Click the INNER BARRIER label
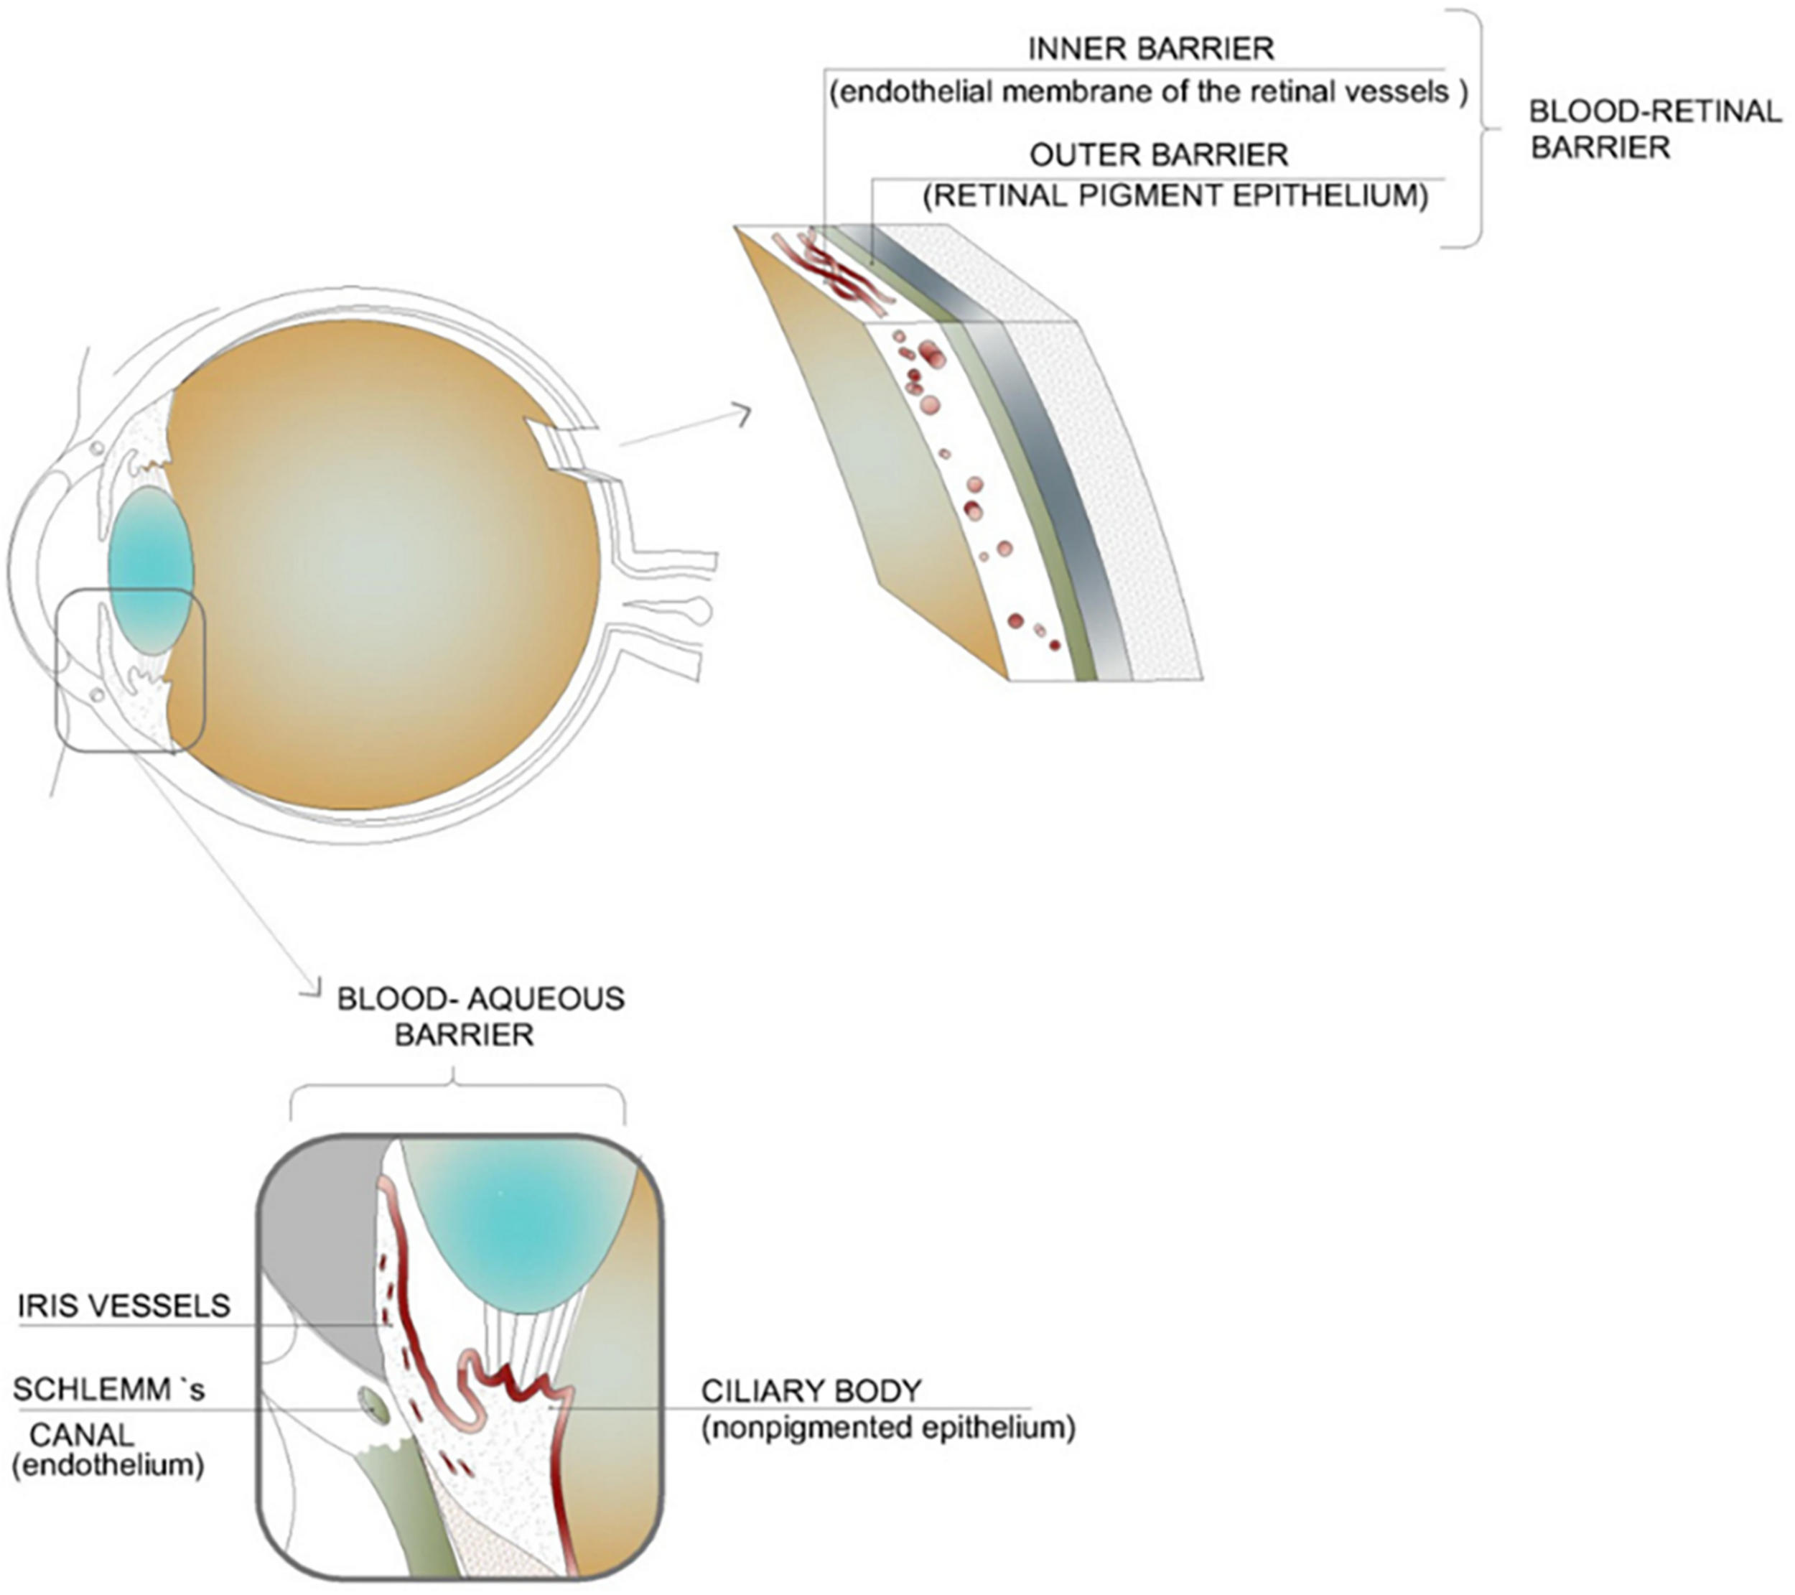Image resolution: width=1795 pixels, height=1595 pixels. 1150,48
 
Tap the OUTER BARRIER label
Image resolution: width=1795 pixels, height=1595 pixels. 1158,155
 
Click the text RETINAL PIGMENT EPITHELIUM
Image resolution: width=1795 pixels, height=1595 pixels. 1175,195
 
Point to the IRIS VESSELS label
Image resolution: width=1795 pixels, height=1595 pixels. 123,1306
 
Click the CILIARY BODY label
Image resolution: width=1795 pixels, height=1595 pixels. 811,1391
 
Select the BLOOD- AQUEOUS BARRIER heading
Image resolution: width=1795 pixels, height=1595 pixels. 480,1016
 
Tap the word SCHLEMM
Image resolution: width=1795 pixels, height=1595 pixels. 91,1390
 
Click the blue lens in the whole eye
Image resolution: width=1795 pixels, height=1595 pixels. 150,572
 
